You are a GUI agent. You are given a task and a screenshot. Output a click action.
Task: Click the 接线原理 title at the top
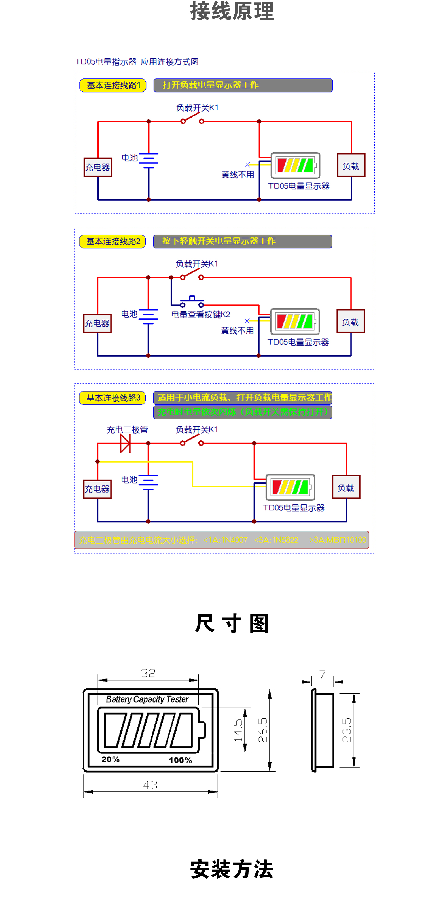click(232, 11)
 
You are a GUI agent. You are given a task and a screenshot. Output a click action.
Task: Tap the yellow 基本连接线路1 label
click(113, 85)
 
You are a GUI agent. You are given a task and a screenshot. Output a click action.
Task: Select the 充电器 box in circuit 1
click(97, 167)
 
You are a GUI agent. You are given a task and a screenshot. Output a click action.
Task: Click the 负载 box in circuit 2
click(351, 322)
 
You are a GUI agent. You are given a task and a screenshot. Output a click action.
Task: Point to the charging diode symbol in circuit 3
click(125, 443)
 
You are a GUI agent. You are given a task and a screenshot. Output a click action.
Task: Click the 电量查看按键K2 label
click(200, 314)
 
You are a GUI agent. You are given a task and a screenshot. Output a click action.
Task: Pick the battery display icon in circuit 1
click(295, 165)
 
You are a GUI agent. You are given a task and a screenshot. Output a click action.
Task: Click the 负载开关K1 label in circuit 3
click(197, 429)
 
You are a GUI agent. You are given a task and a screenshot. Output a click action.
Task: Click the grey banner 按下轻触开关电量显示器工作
click(243, 241)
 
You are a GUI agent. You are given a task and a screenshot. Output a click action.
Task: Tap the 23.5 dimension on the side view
click(347, 730)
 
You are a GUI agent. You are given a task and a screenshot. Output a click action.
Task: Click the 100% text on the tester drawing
click(181, 760)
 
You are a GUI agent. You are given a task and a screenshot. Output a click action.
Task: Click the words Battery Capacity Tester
click(147, 699)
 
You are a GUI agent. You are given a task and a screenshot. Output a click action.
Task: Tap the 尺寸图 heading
click(232, 623)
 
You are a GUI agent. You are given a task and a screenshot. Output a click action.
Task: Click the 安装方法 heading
click(232, 869)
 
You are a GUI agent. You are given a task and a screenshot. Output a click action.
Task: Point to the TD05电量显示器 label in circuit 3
click(293, 508)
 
